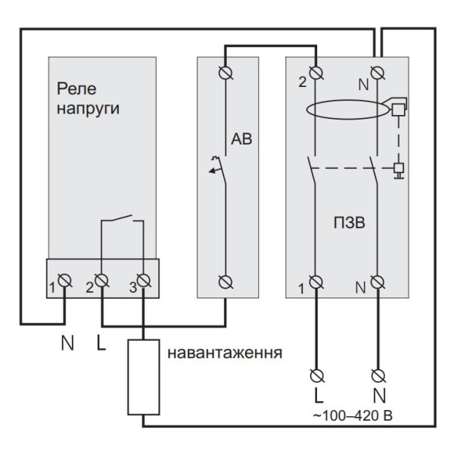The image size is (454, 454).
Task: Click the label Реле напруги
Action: pos(89,98)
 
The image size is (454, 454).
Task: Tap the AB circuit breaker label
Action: pos(243,140)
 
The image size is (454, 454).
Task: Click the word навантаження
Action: pos(225,353)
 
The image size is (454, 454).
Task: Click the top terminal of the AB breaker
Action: pos(225,72)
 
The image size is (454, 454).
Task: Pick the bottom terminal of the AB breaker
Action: pos(225,282)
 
